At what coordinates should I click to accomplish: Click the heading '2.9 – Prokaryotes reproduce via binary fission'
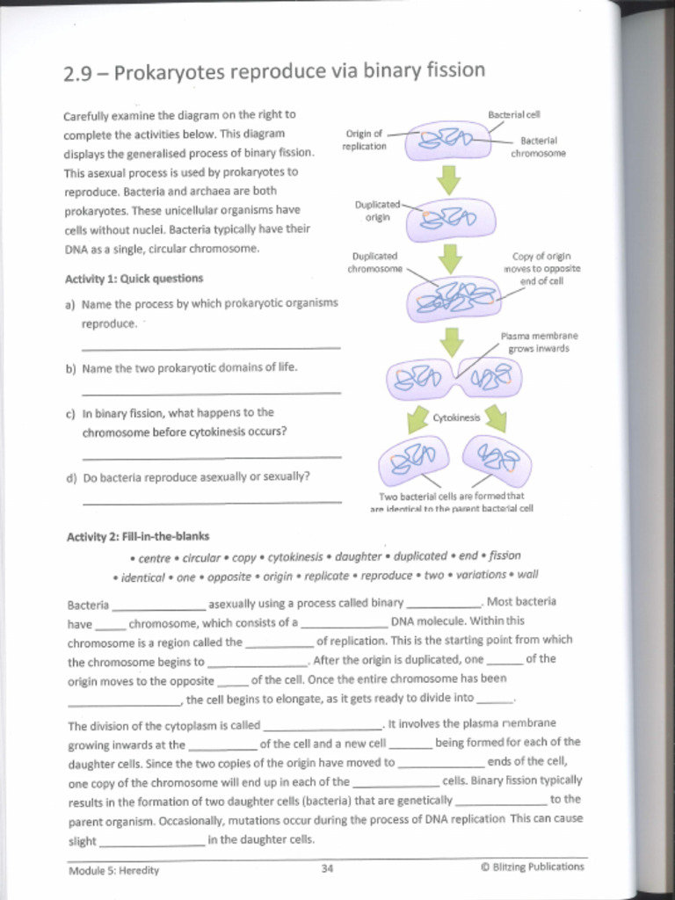click(273, 71)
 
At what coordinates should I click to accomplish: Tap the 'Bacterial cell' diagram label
click(513, 115)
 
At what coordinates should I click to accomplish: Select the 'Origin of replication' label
click(364, 140)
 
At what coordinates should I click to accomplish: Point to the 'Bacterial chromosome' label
click(538, 147)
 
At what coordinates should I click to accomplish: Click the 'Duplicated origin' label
click(377, 210)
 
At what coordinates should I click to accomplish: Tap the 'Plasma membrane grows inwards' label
click(539, 342)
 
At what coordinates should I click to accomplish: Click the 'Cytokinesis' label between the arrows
click(456, 417)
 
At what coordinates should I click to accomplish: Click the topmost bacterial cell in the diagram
click(450, 140)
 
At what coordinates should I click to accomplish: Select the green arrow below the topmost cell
click(449, 180)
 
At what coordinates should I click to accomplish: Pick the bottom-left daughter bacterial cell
click(414, 458)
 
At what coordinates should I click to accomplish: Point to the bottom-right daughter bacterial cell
click(497, 459)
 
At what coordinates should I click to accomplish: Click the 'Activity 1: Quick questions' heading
click(134, 279)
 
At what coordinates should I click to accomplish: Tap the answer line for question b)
click(211, 392)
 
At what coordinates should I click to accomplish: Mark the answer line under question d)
click(211, 502)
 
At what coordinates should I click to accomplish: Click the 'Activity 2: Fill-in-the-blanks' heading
click(138, 536)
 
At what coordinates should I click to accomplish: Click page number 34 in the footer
click(327, 868)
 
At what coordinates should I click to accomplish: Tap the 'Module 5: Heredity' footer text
click(113, 870)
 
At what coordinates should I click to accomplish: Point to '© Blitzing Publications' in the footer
click(532, 867)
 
